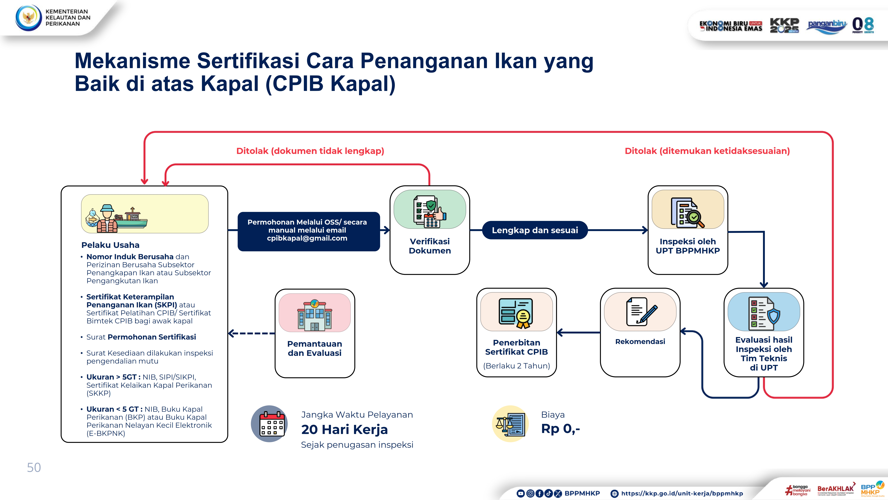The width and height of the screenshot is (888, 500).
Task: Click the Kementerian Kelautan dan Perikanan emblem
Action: [28, 18]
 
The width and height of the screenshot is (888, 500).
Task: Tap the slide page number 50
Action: [34, 468]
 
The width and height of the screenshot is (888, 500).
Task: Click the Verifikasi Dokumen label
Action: [429, 246]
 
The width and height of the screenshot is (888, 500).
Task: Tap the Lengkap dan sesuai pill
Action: [535, 230]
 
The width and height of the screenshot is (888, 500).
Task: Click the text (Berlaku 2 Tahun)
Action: [516, 366]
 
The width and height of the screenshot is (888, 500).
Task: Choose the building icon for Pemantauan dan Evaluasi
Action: [314, 315]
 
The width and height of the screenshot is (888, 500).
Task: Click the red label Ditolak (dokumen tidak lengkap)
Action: [310, 151]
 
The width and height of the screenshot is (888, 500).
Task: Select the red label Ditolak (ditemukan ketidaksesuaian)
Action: [707, 151]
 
